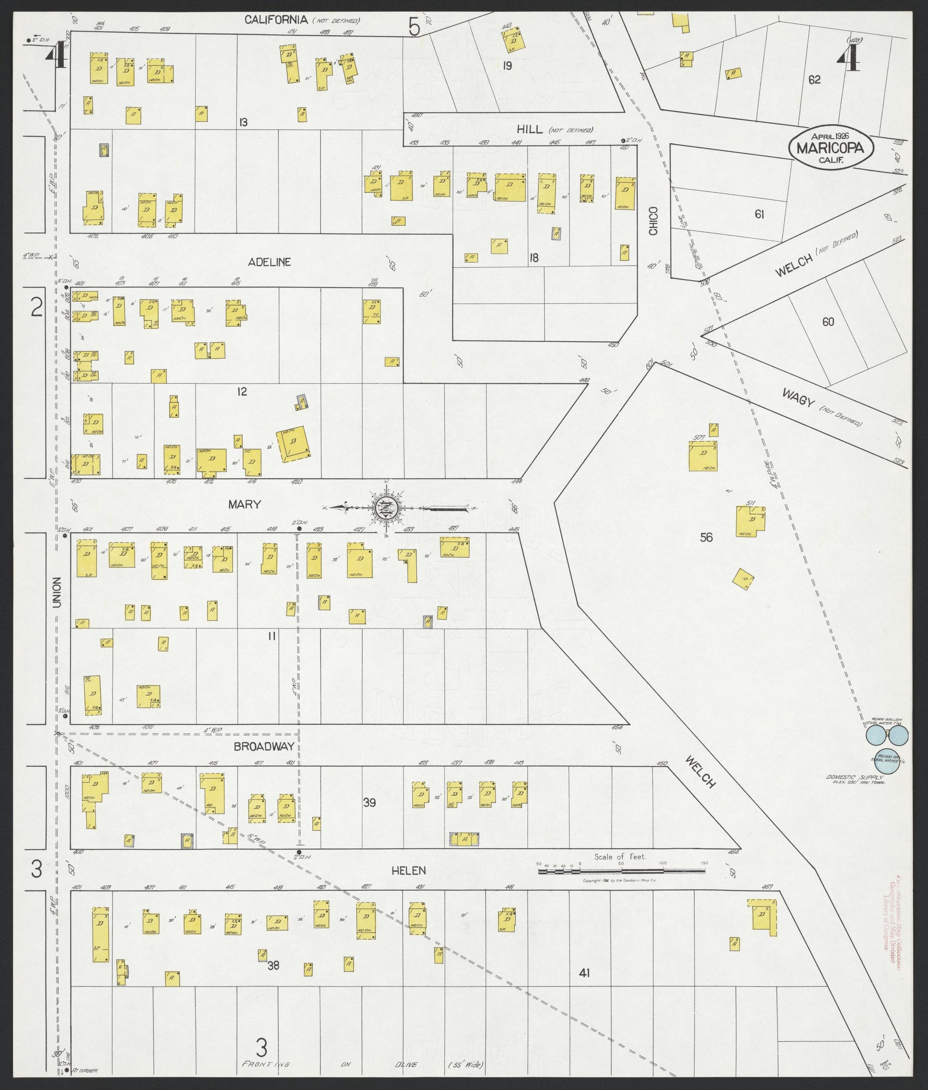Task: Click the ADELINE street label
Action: (x=270, y=262)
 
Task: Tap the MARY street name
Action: (x=245, y=505)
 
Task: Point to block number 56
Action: (x=706, y=538)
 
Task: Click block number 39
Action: (x=370, y=803)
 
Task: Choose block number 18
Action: (x=534, y=258)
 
